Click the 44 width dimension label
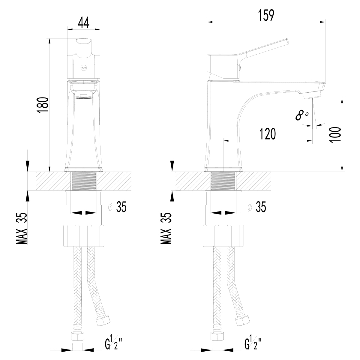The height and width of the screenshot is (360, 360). (83, 22)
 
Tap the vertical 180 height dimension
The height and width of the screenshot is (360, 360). (43, 105)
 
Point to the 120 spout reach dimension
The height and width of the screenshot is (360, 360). (268, 134)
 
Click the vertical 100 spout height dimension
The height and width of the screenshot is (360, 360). (335, 135)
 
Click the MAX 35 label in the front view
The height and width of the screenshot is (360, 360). (22, 228)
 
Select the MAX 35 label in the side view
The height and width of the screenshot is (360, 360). (166, 228)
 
